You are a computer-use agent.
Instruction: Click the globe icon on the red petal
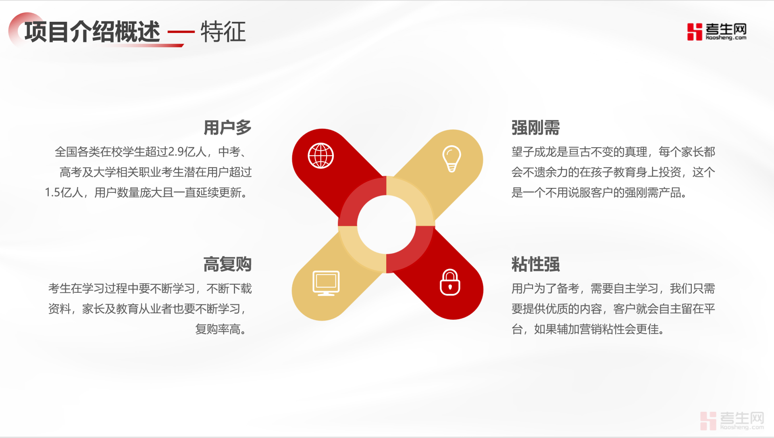click(321, 156)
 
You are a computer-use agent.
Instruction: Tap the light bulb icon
click(451, 159)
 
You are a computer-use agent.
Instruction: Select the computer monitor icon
click(326, 283)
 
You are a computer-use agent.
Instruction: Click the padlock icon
click(450, 282)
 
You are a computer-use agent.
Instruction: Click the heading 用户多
click(227, 128)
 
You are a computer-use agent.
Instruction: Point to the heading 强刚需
click(536, 128)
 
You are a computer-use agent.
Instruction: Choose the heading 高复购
click(227, 265)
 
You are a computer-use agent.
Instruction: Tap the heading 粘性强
click(536, 265)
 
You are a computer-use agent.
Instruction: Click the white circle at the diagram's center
click(387, 225)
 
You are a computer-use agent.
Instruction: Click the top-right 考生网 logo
click(717, 31)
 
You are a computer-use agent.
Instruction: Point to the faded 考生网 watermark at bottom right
click(732, 421)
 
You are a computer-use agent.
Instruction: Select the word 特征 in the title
click(223, 32)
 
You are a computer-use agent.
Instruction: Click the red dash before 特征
click(181, 32)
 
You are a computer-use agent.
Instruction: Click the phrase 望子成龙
click(534, 152)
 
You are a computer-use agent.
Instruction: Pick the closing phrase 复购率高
click(218, 329)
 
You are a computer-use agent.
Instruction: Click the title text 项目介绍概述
click(92, 32)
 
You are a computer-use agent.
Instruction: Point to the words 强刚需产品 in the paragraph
click(653, 192)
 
